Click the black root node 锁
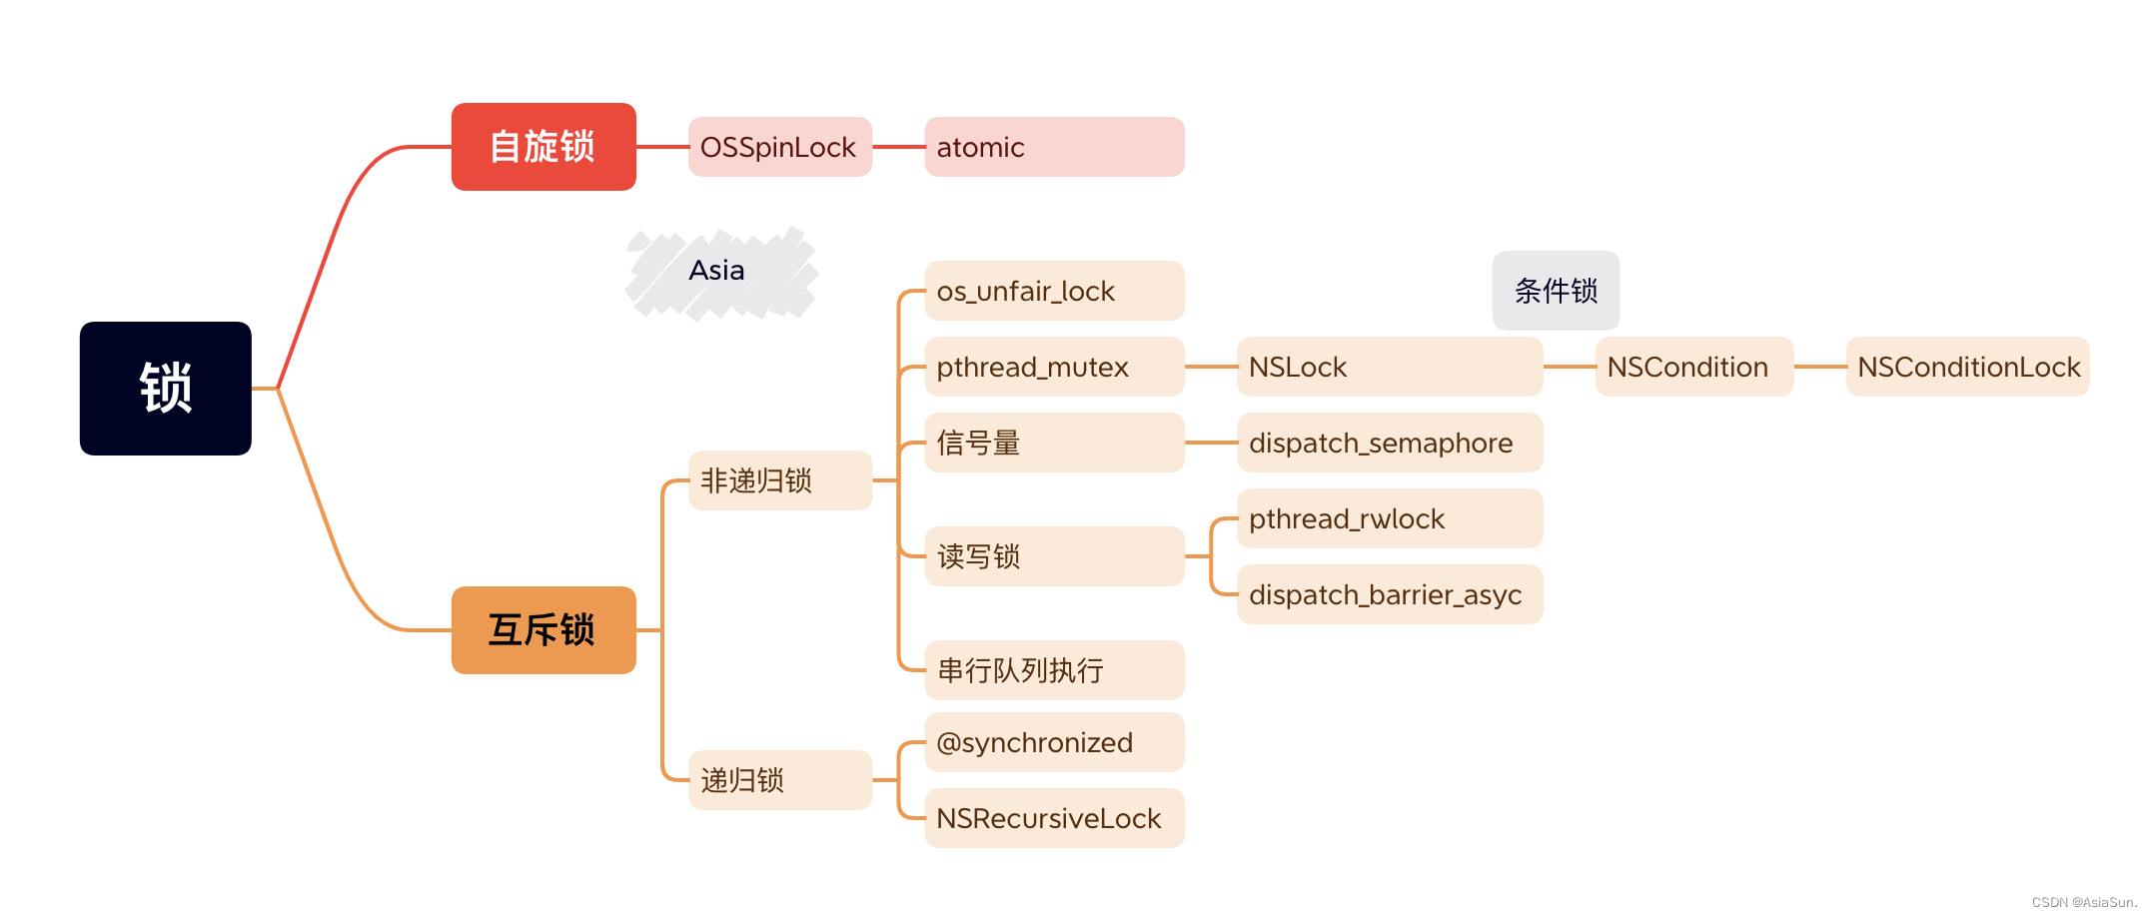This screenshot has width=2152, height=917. [166, 389]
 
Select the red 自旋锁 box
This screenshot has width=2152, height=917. [543, 147]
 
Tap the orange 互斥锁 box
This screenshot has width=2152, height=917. [543, 630]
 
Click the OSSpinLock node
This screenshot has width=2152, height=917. [779, 147]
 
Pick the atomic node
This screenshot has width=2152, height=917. [1054, 147]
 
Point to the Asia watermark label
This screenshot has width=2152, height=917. [717, 271]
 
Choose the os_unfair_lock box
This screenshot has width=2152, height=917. [1054, 291]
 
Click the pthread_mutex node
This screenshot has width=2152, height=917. [1054, 367]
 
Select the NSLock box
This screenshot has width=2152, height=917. [1389, 367]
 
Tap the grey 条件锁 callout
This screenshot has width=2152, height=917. [1556, 291]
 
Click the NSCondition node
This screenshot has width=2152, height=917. [1693, 367]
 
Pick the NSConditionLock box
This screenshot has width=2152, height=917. [1967, 367]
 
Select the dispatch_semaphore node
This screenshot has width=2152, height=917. [1389, 443]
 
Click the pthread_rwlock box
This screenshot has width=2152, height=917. [1389, 518]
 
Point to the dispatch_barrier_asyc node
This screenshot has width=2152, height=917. [1389, 594]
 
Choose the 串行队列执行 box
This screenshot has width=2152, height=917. [1054, 670]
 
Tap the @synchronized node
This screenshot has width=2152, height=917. [1054, 742]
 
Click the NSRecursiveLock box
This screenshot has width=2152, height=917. [1054, 818]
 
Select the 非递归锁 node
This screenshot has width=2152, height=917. [779, 480]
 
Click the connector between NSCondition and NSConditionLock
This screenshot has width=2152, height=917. [1819, 367]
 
